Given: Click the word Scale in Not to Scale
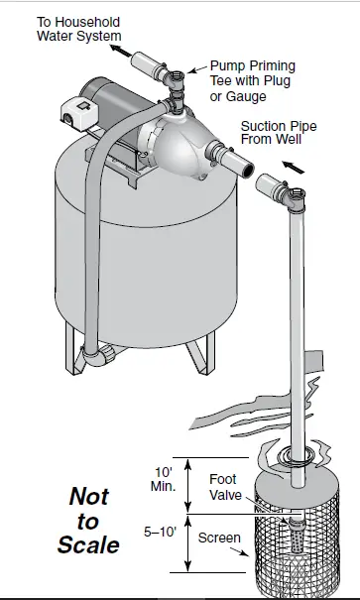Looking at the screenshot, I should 87,544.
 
